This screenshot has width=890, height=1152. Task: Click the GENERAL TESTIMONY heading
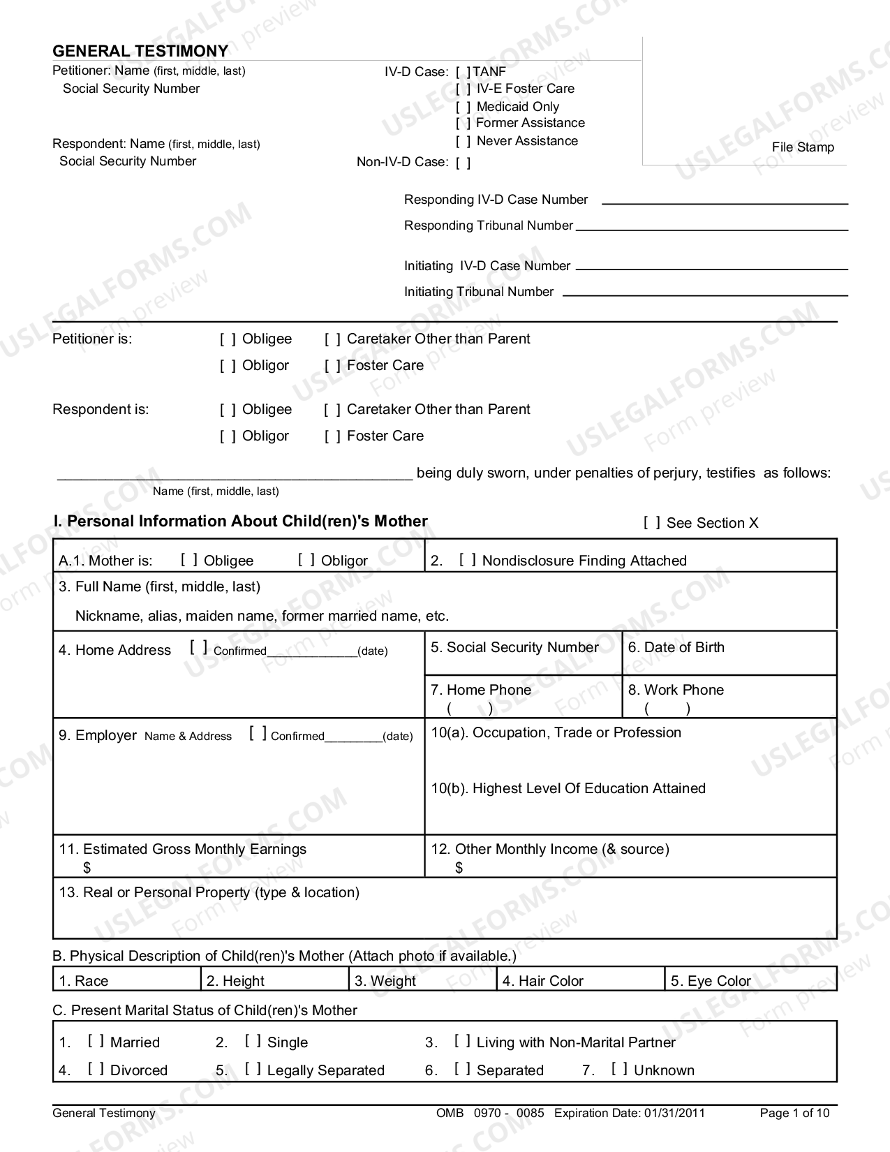(x=140, y=51)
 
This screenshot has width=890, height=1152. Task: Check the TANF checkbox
(x=463, y=72)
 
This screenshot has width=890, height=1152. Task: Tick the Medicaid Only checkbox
(x=463, y=107)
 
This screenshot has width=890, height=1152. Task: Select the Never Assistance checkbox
(x=463, y=141)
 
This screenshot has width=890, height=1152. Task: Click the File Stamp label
(x=803, y=147)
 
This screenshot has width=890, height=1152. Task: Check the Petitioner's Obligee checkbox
(x=228, y=339)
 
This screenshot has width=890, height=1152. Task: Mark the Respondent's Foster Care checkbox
(x=332, y=436)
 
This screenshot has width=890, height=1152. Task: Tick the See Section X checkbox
(x=652, y=523)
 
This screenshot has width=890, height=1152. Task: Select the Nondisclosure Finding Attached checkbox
(x=468, y=560)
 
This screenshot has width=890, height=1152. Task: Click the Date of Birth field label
(x=676, y=647)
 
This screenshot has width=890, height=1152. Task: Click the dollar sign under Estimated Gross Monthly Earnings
(x=87, y=867)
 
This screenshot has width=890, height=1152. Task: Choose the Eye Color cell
(x=750, y=980)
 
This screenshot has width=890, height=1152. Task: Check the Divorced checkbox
(x=96, y=1069)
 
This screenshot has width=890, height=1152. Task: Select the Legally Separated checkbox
(x=253, y=1069)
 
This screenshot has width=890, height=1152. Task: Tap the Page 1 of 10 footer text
(x=794, y=1113)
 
